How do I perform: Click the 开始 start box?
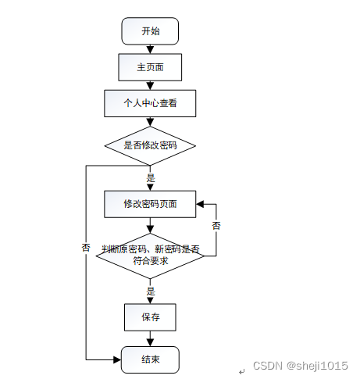pos(150,31)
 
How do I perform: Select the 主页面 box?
pos(150,67)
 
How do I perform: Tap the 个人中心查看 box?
pos(150,103)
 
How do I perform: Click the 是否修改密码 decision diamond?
pos(150,145)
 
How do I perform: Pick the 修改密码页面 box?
pos(150,204)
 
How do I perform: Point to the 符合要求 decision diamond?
pos(150,256)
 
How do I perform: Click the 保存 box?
pos(150,317)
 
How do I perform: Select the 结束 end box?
pos(150,359)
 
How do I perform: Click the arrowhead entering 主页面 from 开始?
pos(150,50)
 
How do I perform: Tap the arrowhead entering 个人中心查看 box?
pos(150,86)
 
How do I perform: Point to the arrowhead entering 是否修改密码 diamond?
pos(150,123)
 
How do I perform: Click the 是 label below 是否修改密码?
pos(151,178)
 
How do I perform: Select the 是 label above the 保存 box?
pos(151,291)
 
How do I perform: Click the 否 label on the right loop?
pos(216,226)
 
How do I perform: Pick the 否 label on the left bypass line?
pos(86,248)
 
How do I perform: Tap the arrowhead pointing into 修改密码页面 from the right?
pos(200,204)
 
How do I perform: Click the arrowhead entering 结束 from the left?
pos(117,360)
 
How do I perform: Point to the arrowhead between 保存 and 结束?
pos(150,342)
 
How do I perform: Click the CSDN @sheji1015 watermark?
pos(301,366)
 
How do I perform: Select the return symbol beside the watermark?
pos(242,371)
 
